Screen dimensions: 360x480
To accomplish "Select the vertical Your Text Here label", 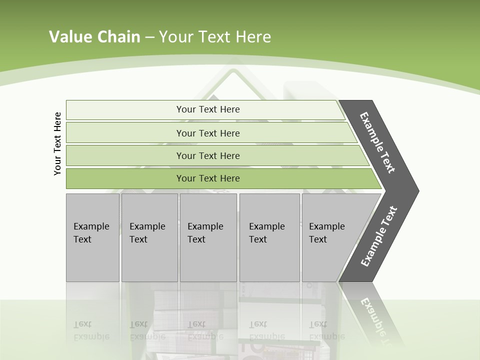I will pyautogui.click(x=57, y=143).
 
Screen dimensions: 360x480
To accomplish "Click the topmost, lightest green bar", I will pyautogui.click(x=125, y=110).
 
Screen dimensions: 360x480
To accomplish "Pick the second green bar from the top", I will pyautogui.click(x=125, y=133).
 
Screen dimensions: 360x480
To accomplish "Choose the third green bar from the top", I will pyautogui.click(x=125, y=155).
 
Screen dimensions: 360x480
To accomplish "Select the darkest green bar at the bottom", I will pyautogui.click(x=125, y=178).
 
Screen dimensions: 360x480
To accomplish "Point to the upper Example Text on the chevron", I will pyautogui.click(x=378, y=142).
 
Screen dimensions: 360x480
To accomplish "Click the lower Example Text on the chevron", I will pyautogui.click(x=378, y=236).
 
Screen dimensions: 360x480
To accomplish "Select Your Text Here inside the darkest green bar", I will pyautogui.click(x=208, y=178).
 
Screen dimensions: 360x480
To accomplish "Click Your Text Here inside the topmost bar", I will pyautogui.click(x=208, y=109).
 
